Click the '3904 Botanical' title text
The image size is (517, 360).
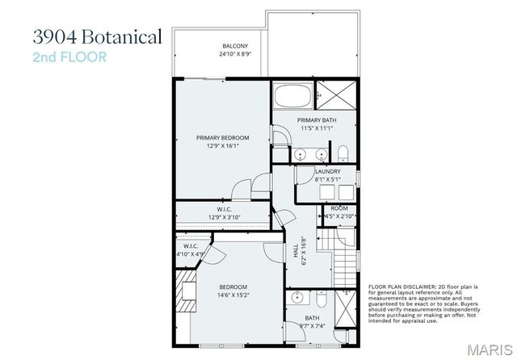[98, 37]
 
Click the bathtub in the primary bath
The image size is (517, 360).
[292, 97]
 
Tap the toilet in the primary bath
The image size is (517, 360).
[343, 153]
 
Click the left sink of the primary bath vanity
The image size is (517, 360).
[300, 153]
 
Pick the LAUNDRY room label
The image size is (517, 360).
[327, 171]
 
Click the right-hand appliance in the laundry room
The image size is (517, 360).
[346, 192]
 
